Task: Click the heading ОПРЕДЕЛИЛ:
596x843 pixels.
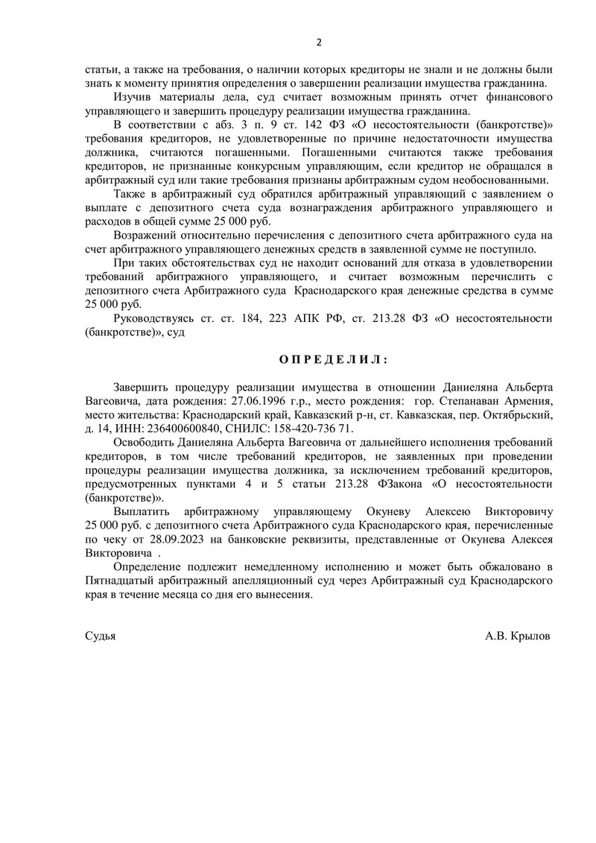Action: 333,359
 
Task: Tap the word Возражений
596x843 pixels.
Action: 146,236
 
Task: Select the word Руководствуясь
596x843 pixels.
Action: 156,318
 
